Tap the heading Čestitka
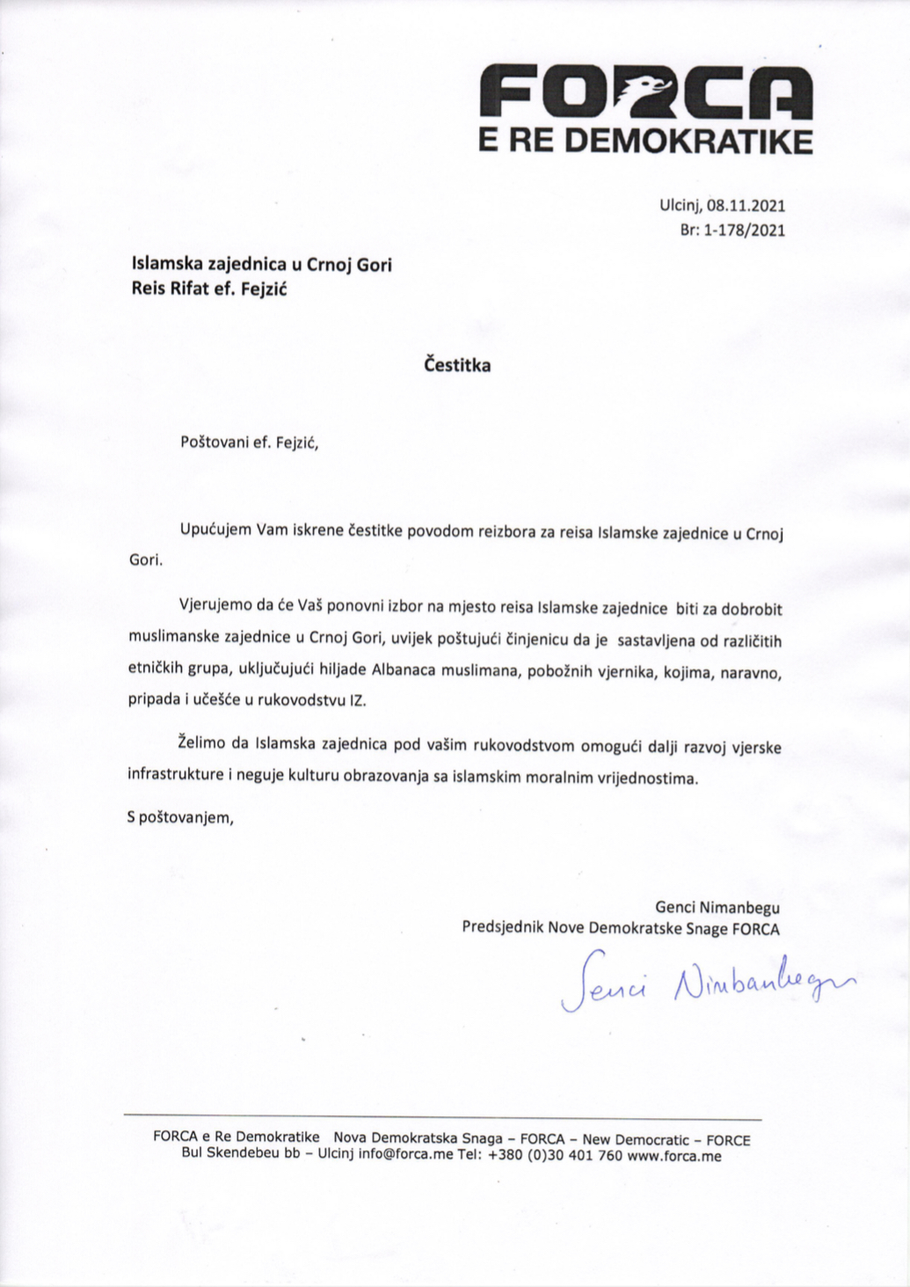click(x=457, y=365)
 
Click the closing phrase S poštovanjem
click(x=181, y=816)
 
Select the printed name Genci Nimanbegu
click(x=717, y=905)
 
